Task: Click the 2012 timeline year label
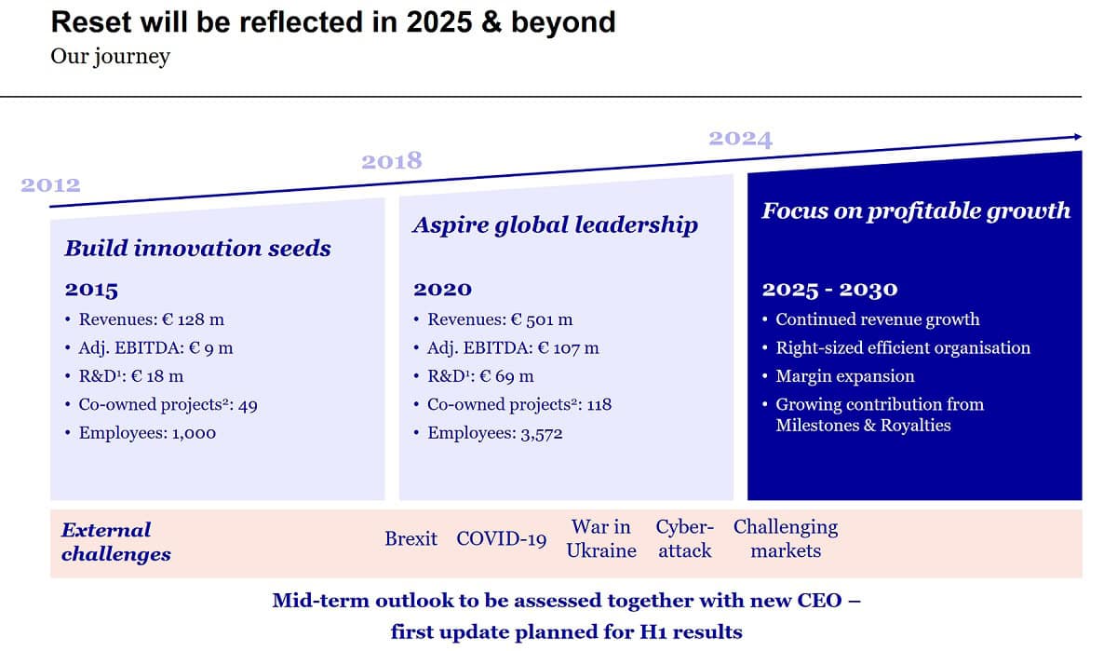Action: tap(50, 184)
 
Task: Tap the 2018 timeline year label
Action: tap(391, 161)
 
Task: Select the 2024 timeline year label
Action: tap(740, 139)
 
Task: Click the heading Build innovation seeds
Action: tap(197, 249)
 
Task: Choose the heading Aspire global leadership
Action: tap(555, 225)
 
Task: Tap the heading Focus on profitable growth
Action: tap(916, 210)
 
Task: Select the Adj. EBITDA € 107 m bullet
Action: tap(513, 348)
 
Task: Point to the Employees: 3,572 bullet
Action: tap(494, 433)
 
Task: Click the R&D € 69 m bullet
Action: tap(480, 376)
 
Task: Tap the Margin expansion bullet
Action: tap(844, 376)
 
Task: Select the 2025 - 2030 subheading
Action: tap(829, 290)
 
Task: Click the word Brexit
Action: tap(410, 539)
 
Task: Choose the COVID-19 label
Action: tap(501, 539)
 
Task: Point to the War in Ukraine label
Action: tap(601, 538)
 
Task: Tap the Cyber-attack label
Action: tap(685, 538)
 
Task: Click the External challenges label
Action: tap(115, 542)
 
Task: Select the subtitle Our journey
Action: tap(110, 57)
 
